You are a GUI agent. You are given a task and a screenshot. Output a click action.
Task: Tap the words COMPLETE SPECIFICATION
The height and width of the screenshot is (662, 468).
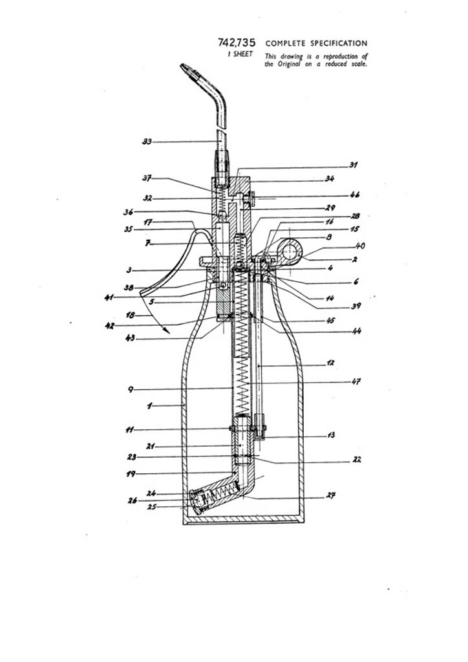[x=316, y=43]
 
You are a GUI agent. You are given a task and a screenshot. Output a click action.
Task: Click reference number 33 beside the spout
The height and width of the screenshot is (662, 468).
[x=147, y=142]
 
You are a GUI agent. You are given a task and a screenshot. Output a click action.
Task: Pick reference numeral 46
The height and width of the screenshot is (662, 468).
[x=355, y=194]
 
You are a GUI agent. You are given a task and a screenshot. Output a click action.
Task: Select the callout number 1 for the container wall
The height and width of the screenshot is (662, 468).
[x=149, y=406]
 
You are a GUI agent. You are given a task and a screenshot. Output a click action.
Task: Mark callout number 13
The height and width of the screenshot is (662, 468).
[x=332, y=435]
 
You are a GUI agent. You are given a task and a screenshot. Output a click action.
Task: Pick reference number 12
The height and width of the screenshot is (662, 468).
[x=330, y=363]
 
